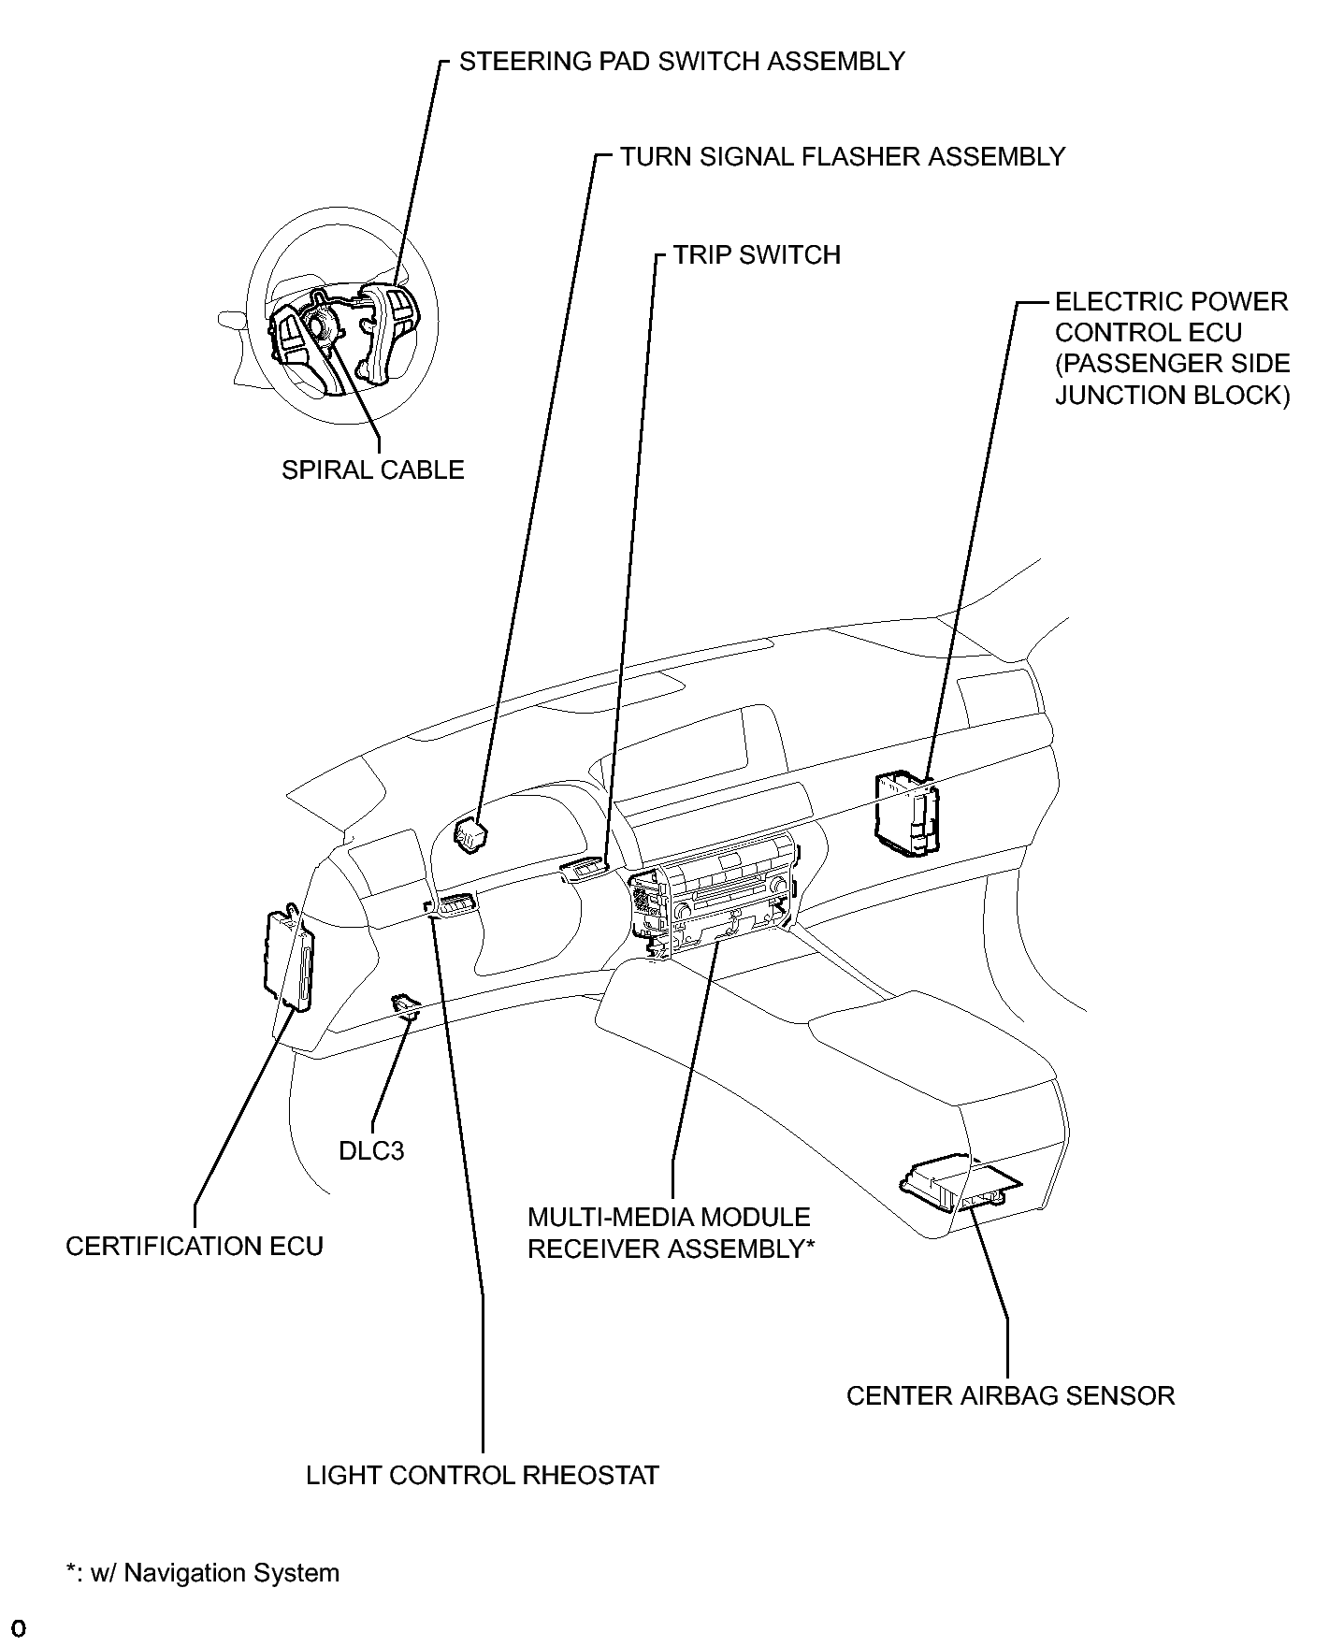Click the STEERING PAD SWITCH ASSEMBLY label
682,62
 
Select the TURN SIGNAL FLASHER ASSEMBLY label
843,157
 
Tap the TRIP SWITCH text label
757,255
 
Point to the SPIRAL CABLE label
373,469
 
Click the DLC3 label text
371,1150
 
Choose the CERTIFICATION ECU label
195,1247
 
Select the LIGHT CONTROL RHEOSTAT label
483,1476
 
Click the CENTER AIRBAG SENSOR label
1010,1396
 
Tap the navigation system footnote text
203,1573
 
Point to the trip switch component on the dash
585,871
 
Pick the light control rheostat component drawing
452,904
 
